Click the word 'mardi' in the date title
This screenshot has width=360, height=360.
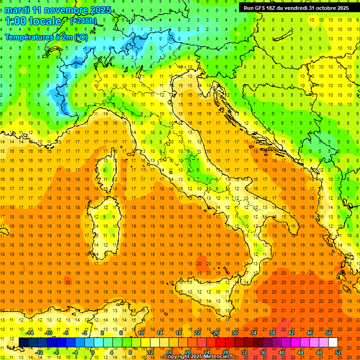pyautogui.click(x=17, y=10)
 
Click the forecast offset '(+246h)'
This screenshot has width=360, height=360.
pyautogui.click(x=83, y=21)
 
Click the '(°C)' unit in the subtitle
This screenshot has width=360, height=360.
pyautogui.click(x=81, y=37)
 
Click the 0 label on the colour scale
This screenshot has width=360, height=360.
pyautogui.click(x=93, y=352)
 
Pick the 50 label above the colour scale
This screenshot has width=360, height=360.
pyautogui.click(x=328, y=332)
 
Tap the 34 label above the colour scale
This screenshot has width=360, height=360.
pyautogui.click(x=253, y=332)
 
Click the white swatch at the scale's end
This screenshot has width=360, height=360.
pyautogui.click(x=333, y=343)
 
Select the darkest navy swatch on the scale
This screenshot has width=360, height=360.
pyautogui.click(x=23, y=343)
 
